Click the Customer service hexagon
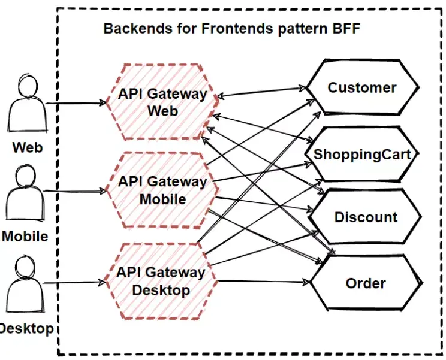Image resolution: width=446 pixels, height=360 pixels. (362, 88)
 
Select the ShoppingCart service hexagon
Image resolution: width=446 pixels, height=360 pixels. (362, 154)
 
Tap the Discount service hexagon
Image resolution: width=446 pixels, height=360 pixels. (366, 217)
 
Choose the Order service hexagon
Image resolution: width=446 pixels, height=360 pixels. (366, 283)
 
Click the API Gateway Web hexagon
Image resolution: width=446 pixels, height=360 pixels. (162, 102)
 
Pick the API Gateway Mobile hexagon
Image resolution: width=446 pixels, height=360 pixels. (162, 190)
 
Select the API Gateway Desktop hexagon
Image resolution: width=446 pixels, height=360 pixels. (161, 281)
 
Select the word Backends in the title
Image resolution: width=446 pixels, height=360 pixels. (132, 28)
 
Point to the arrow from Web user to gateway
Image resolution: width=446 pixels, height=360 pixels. (75, 103)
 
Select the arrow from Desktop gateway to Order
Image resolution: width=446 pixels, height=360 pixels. (264, 281)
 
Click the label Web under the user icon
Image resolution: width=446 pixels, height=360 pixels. (28, 146)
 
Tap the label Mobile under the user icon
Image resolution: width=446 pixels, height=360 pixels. (25, 236)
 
